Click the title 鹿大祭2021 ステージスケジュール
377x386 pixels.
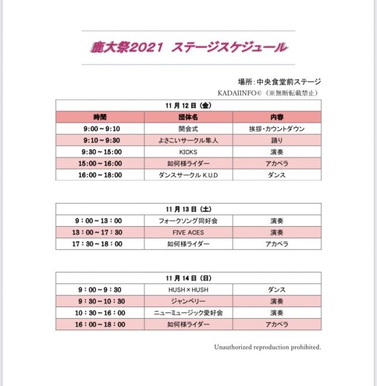coord(188,47)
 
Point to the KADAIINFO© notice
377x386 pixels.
coord(268,93)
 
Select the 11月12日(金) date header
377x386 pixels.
coord(188,105)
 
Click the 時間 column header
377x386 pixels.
coord(100,117)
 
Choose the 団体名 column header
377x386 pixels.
coord(188,117)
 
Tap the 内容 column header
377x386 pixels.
coord(277,117)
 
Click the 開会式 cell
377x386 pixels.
coord(188,128)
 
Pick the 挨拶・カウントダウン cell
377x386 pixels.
coord(277,128)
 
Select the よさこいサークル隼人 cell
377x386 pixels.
coord(188,140)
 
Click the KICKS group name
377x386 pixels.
coord(188,152)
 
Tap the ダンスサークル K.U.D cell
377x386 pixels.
coord(188,175)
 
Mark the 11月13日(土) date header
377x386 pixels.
coord(188,209)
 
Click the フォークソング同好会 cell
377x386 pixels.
coord(188,220)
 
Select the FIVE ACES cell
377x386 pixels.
coord(188,232)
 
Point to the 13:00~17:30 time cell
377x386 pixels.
coord(100,232)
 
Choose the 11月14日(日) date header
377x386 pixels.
coord(188,278)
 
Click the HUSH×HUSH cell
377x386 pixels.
coord(188,289)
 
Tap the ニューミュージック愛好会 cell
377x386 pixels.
coord(188,313)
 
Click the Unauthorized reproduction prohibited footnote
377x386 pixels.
coord(267,347)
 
